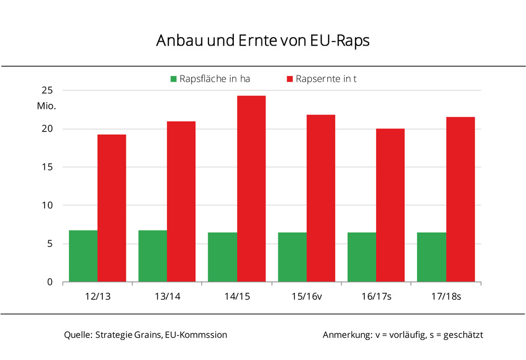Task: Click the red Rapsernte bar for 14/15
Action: (251, 189)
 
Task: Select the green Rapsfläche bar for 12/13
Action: (83, 256)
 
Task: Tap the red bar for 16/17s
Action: (390, 205)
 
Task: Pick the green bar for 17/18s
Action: (431, 257)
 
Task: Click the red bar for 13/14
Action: (181, 202)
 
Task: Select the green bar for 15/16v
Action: (292, 257)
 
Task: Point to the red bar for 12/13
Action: (112, 209)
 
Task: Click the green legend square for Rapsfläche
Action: (174, 79)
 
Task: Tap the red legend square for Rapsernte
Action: (290, 79)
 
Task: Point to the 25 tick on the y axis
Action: (47, 90)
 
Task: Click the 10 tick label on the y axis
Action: (47, 205)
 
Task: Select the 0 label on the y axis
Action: (50, 282)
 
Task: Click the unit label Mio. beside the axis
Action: (46, 106)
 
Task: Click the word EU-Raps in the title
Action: (340, 41)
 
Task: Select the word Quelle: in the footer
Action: (78, 335)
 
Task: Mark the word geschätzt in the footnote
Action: (463, 335)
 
